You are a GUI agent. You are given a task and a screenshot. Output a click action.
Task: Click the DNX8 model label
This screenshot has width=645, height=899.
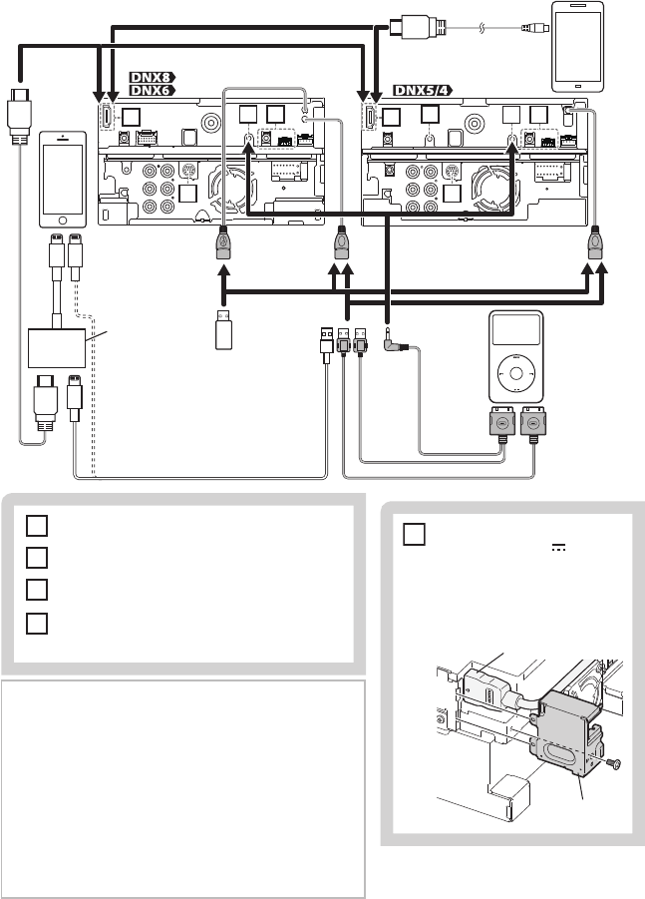[x=152, y=78]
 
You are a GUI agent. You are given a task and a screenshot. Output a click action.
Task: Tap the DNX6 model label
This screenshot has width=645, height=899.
[x=152, y=90]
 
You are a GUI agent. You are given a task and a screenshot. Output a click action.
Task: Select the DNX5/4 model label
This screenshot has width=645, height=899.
[x=423, y=90]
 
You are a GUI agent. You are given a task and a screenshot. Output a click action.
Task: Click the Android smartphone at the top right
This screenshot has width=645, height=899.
[x=577, y=47]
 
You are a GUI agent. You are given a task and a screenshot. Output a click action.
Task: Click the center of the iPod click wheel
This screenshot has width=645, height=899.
[x=515, y=374]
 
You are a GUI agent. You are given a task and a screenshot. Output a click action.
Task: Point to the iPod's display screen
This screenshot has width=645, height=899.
[x=515, y=330]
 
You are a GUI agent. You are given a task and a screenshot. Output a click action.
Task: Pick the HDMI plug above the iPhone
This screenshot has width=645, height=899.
[x=19, y=115]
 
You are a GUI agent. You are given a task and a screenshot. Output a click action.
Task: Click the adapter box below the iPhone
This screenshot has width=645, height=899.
[x=57, y=348]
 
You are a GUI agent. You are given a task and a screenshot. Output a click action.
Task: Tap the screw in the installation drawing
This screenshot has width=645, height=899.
[x=614, y=763]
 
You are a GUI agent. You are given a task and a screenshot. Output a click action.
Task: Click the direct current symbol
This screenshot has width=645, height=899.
[x=558, y=548]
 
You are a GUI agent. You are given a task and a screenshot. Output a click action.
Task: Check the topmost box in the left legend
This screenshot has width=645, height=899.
[x=36, y=526]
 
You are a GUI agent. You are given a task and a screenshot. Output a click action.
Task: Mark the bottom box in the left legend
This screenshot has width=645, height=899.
[x=36, y=624]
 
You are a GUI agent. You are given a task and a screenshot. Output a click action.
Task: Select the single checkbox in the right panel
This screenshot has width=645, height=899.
[x=414, y=534]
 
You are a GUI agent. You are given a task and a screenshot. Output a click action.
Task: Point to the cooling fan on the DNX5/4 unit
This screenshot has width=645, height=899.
[x=492, y=187]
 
